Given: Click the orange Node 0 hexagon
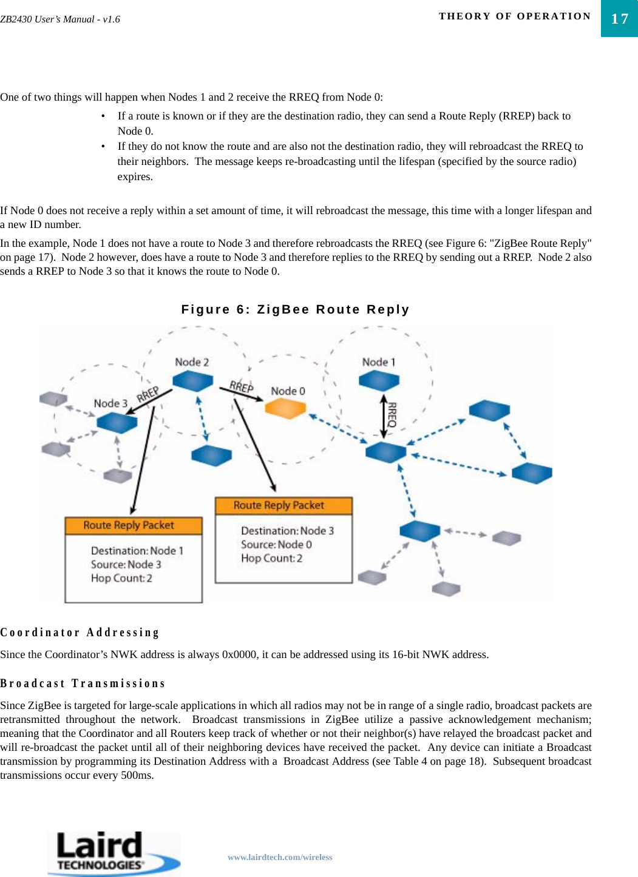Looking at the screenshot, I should pos(285,408).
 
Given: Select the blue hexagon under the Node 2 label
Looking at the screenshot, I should pos(192,381).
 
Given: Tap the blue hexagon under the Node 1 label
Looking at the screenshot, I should pos(379,380).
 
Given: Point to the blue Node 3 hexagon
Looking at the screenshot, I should pos(117,422).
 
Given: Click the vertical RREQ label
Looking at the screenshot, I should pos(392,415).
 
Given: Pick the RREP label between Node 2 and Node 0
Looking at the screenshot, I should pos(241,386).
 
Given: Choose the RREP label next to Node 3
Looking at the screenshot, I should pos(148,394).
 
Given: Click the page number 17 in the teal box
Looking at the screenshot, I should pos(619,19).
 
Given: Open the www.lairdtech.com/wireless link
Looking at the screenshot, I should pos(280,857).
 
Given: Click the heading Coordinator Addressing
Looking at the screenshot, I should pos(80,633).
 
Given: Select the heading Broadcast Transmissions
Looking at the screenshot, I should pos(83,684).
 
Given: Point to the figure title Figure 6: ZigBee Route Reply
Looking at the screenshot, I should pos(295,309).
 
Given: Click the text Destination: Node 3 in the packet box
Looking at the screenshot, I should pos(287,531).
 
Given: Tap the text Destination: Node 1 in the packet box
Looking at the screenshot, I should pos(137,551).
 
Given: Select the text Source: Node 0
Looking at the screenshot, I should pos(276,545).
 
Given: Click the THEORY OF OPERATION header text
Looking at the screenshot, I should pos(515,16).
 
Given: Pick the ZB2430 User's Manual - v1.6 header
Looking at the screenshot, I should pos(60,19).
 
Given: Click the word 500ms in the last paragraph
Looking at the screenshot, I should pos(137,775).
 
